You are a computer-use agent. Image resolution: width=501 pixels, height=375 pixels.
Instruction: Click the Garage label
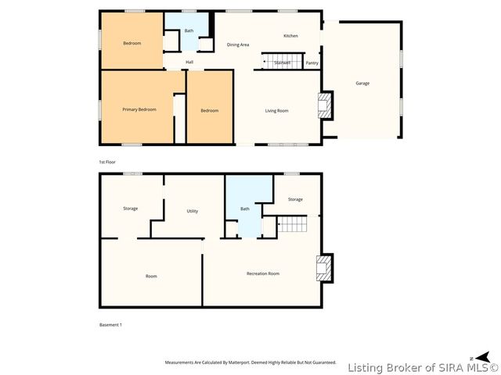(362, 83)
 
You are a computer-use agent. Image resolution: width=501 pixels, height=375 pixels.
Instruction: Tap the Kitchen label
(290, 36)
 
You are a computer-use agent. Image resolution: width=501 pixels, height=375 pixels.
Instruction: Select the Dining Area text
(238, 45)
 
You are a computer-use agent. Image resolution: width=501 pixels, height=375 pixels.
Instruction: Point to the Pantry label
(312, 63)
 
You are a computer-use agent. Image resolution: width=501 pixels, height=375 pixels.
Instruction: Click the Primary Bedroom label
(139, 109)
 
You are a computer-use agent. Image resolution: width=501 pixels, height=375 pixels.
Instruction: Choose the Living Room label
(276, 111)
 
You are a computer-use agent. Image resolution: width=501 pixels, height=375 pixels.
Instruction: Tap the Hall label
(189, 62)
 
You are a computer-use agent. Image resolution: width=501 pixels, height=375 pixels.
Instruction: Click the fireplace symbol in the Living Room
(323, 106)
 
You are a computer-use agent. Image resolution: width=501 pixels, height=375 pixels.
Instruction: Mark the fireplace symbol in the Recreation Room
(323, 269)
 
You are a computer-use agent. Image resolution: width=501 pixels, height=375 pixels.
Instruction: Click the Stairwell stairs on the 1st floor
(278, 62)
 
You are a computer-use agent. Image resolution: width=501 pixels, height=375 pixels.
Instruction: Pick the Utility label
(192, 211)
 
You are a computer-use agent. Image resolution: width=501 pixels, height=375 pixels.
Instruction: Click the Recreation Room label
(263, 273)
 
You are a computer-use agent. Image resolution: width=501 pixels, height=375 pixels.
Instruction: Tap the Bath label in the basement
(245, 209)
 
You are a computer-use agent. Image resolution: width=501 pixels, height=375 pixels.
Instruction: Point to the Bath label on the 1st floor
(189, 31)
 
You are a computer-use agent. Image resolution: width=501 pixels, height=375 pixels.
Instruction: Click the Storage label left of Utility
(130, 209)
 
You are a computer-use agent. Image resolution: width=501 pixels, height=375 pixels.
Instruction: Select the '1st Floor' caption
(107, 162)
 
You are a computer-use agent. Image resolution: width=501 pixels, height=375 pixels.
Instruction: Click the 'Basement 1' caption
(110, 324)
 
